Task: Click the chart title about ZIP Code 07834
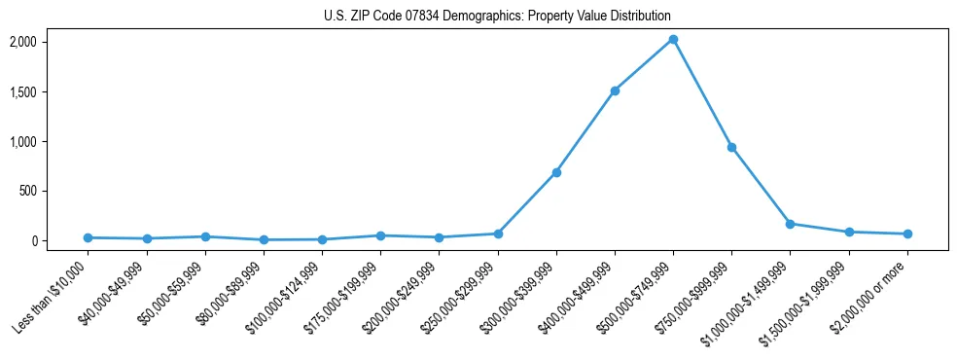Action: point(497,17)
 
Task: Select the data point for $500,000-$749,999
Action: point(673,39)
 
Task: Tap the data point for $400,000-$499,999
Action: point(615,90)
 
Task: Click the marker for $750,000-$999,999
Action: point(731,147)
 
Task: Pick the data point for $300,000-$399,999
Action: point(556,172)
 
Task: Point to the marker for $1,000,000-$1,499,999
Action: point(790,224)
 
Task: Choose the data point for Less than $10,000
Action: point(88,237)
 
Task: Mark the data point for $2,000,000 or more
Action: point(907,234)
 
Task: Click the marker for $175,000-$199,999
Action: point(380,235)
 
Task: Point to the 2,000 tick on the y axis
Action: point(50,42)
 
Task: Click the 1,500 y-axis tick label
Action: point(50,91)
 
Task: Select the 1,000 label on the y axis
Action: point(50,141)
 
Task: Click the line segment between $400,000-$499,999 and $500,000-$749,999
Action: point(644,65)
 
